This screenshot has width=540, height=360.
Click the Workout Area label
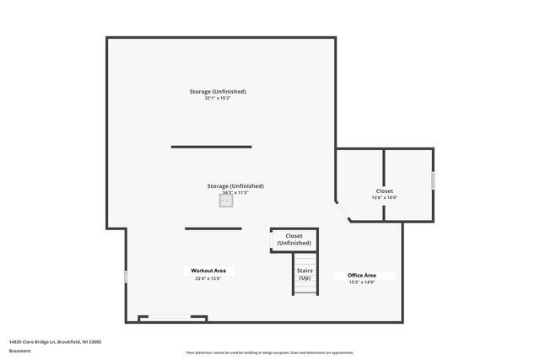(208, 271)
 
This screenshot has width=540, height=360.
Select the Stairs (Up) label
(305, 274)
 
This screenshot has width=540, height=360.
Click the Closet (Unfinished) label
(294, 239)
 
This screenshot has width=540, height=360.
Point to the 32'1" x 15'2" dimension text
(218, 99)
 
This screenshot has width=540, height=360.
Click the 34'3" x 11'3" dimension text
(235, 192)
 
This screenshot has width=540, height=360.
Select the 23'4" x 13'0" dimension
(208, 278)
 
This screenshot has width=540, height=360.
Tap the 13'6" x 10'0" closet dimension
(385, 198)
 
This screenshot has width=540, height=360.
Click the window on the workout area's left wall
(126, 277)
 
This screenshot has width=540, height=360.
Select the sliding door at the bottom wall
(173, 318)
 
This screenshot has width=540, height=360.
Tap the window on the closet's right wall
(434, 180)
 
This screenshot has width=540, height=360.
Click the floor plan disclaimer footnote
(269, 352)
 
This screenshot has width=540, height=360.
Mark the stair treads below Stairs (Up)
(305, 287)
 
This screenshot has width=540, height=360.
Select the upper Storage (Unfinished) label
(218, 91)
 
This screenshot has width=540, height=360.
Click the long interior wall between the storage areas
(211, 147)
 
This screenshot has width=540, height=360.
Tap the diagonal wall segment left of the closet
(343, 211)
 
